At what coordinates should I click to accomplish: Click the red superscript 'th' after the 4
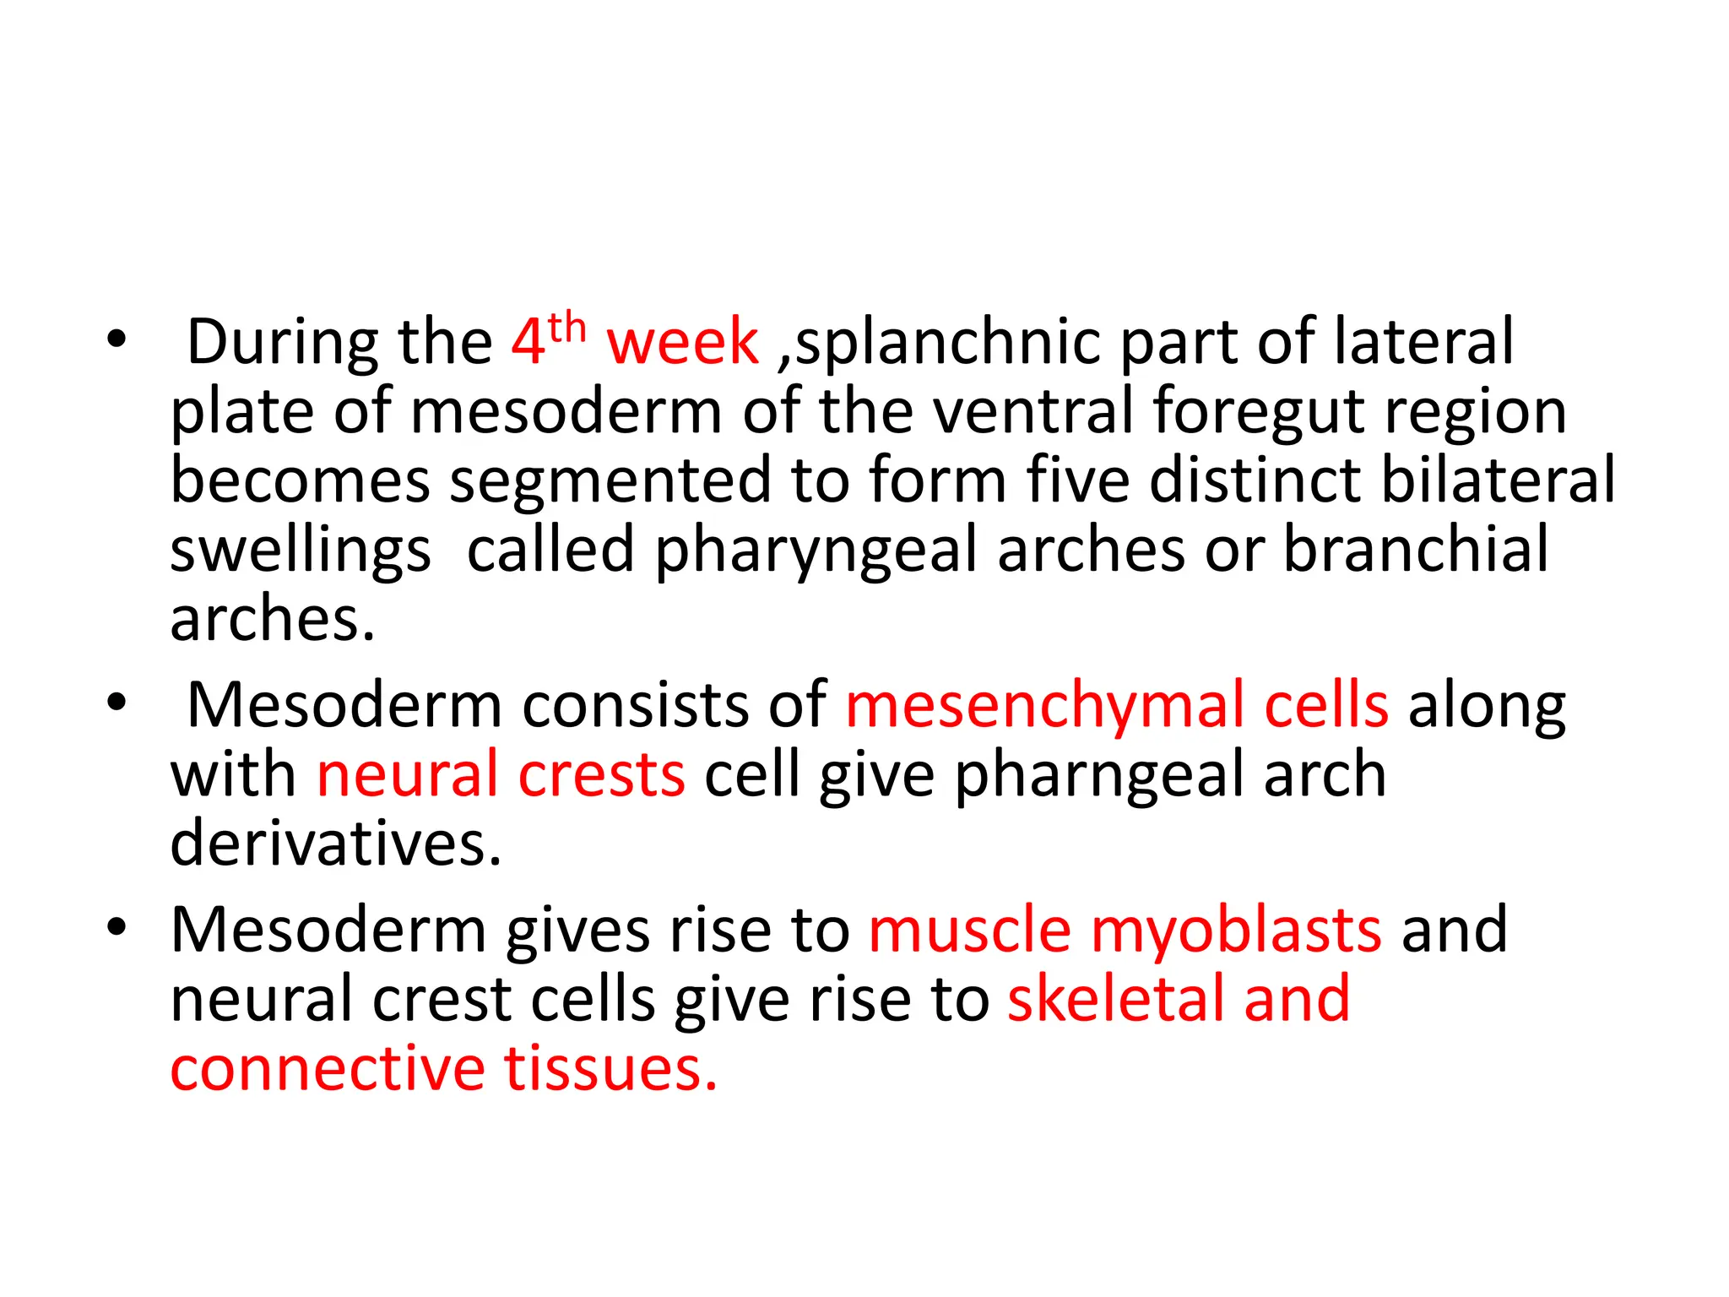[566, 328]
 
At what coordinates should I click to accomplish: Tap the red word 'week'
[682, 342]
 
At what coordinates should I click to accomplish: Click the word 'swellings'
[301, 551]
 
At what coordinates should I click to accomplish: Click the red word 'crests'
[601, 775]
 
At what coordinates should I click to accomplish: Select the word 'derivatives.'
[336, 844]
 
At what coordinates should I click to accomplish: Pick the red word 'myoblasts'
[1236, 931]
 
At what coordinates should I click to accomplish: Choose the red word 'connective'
[328, 1069]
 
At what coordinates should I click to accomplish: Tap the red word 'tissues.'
[611, 1069]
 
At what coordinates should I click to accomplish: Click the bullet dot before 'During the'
[117, 340]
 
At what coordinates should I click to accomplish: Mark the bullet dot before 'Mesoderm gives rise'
[117, 928]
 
